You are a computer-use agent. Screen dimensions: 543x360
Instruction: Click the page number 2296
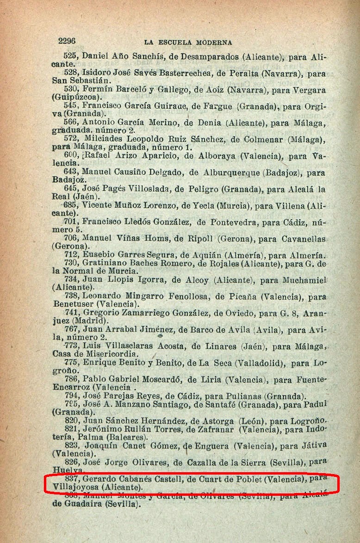[x=67, y=41]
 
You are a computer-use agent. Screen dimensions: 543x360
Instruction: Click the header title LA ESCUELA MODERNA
[x=188, y=43]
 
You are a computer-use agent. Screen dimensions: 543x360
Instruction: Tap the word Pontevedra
[x=235, y=222]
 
